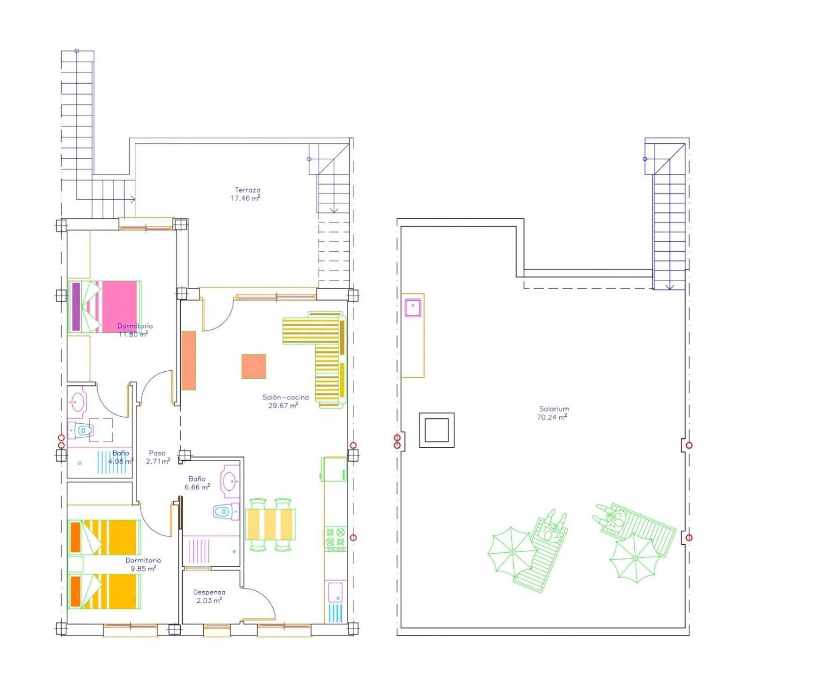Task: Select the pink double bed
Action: pos(105,306)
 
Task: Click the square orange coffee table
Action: pos(254,366)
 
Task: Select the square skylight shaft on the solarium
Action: pos(437,430)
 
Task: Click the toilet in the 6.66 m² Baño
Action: pos(226,512)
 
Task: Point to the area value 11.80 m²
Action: pos(133,335)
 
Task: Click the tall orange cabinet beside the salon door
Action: pos(189,360)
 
